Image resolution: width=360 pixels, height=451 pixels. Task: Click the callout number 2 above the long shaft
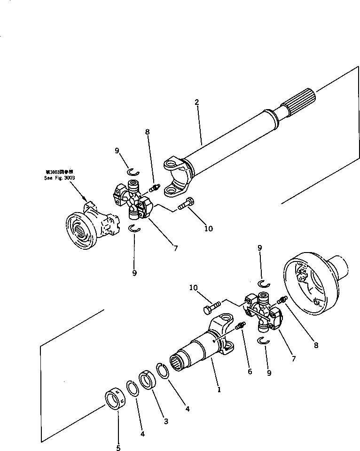(196, 102)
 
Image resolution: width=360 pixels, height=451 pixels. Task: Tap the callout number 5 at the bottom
(118, 448)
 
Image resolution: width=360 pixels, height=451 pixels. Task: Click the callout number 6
(250, 372)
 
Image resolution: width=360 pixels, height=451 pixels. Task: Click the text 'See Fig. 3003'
(60, 178)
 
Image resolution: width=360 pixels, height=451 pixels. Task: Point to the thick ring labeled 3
(148, 380)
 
